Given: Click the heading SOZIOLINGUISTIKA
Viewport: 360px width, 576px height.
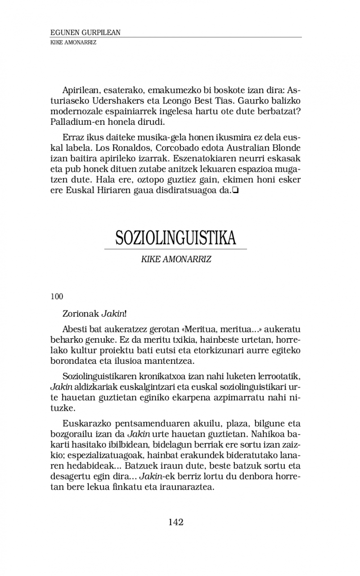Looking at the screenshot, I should point(175,238).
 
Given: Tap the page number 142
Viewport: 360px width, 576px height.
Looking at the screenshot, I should point(176,522).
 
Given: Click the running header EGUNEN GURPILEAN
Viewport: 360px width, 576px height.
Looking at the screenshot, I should point(85,33).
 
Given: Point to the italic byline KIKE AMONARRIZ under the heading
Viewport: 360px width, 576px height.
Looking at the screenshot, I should point(176,260).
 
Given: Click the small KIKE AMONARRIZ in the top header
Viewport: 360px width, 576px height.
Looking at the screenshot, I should point(73,42).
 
